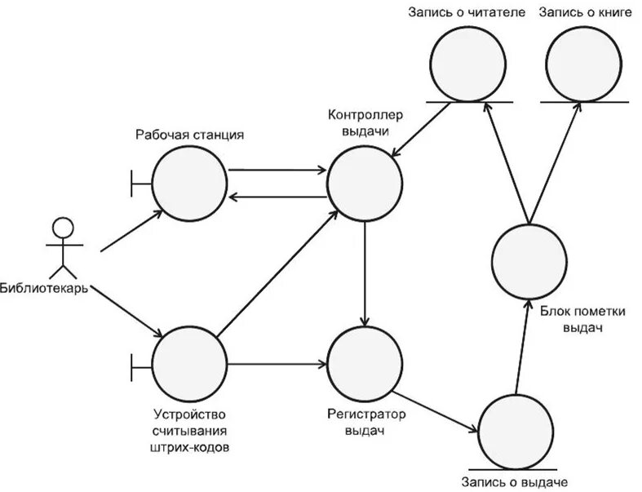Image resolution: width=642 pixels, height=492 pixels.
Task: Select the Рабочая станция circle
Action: [189, 184]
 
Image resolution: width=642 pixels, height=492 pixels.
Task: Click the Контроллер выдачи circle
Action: [365, 185]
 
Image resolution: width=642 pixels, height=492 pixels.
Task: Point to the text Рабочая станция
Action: [190, 134]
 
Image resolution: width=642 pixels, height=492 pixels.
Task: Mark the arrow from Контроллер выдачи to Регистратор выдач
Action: [365, 273]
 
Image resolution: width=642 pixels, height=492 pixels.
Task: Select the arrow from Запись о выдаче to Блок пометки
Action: [520, 348]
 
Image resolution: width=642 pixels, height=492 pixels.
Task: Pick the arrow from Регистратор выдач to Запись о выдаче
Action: [439, 410]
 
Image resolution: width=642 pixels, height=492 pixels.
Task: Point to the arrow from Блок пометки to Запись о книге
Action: [555, 164]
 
